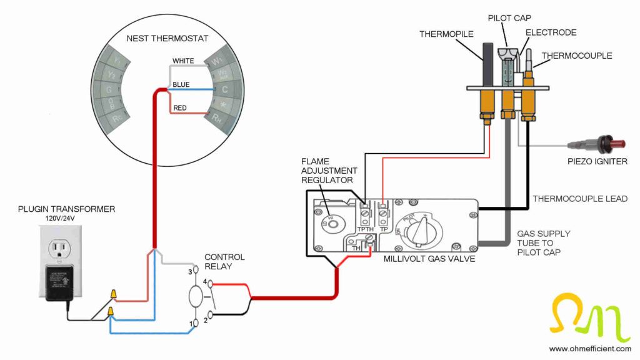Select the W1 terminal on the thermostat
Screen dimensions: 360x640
pos(217,61)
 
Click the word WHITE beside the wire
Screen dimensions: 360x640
pos(183,61)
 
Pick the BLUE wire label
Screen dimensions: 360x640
pos(181,84)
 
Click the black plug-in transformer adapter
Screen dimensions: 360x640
pos(61,282)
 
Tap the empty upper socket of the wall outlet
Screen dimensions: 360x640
pos(61,249)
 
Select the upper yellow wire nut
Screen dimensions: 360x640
pos(114,292)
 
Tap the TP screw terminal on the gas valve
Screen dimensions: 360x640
pos(384,214)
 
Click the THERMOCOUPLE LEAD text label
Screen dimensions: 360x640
pos(579,199)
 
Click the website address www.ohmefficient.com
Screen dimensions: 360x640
pos(589,348)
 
